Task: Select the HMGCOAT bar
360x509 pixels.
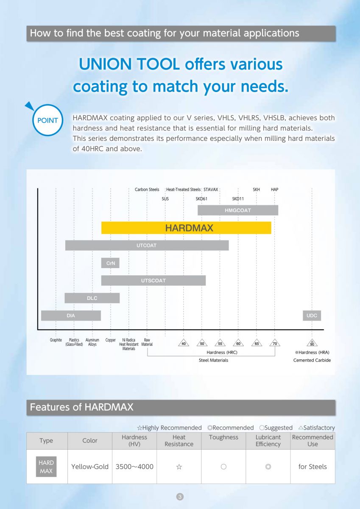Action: pos(238,210)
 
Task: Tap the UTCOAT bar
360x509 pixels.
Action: pos(147,245)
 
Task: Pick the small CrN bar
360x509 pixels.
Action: pos(110,263)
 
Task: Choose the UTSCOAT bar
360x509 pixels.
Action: pos(153,280)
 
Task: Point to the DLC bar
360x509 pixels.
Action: pos(92,298)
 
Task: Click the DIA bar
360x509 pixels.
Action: pos(71,316)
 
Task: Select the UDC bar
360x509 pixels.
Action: pos(312,316)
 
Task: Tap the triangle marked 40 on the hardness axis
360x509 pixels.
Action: pos(184,343)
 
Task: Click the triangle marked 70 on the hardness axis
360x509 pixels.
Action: pos(275,343)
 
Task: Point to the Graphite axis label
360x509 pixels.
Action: pos(56,340)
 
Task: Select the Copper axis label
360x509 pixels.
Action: pos(110,340)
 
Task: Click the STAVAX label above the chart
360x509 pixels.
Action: pos(211,190)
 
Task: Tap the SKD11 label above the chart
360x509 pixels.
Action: pos(238,199)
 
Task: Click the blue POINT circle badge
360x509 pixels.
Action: pos(47,120)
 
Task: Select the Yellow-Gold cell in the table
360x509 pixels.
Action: pos(90,467)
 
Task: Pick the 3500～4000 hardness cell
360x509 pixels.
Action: pos(134,467)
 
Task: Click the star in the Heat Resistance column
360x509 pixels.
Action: pos(179,467)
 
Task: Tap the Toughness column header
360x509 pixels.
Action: pos(223,437)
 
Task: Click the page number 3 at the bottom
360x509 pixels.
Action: pos(180,496)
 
